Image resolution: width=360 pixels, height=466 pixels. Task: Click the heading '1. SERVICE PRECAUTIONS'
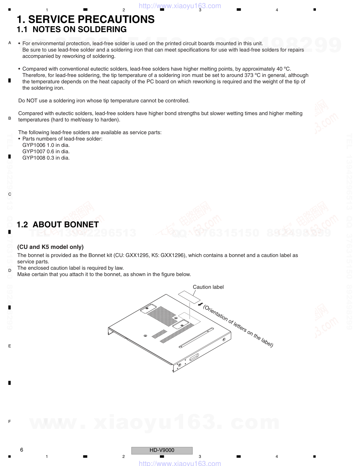pos(86,19)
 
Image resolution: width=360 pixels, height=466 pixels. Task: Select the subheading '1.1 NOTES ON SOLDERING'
pos(72,30)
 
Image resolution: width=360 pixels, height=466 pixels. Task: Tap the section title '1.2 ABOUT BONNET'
pos(58,225)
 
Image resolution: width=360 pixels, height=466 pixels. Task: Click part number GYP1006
pos(34,145)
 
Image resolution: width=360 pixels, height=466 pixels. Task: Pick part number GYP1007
pos(34,151)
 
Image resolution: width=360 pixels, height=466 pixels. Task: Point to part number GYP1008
pos(34,158)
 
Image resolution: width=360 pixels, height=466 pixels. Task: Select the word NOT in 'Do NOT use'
pos(32,101)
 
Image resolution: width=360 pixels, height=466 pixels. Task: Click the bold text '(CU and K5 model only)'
pos(50,247)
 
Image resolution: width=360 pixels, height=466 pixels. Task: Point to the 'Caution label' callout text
pos(208,287)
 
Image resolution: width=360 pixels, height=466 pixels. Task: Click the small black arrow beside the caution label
pos(200,304)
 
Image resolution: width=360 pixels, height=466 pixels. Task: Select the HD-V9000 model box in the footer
pos(162,450)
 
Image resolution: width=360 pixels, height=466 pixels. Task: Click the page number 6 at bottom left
pos(22,450)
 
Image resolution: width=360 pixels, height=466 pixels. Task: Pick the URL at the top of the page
pos(180,6)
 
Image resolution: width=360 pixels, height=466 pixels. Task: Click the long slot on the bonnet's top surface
pos(196,337)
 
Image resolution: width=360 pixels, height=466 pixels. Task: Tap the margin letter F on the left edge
pos(10,422)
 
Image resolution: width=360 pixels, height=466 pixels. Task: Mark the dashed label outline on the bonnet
pos(190,317)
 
